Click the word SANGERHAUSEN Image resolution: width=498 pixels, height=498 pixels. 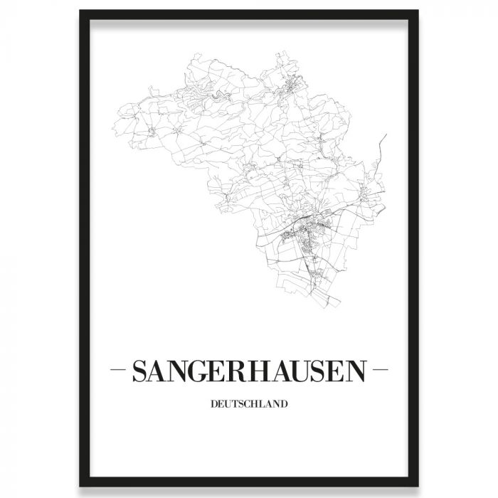[248, 371]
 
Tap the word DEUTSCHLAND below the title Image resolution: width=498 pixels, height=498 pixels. [248, 406]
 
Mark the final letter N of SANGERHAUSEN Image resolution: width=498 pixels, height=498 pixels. [356, 371]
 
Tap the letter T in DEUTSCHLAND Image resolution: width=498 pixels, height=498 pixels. [235, 406]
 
